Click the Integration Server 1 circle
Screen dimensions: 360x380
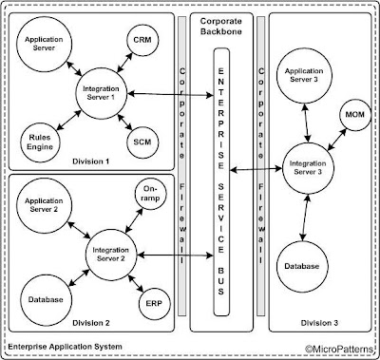(105, 94)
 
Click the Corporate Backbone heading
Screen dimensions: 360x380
(224, 26)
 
